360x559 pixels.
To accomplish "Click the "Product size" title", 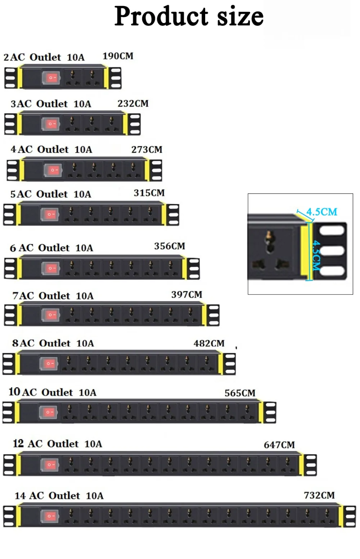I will [x=189, y=16].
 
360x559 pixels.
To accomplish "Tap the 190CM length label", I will [x=118, y=56].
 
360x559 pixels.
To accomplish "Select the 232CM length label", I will [x=133, y=104].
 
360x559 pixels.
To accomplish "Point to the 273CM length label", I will [x=147, y=149].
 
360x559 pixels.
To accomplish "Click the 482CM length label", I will [x=209, y=343].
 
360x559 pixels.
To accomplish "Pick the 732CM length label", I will [x=319, y=496].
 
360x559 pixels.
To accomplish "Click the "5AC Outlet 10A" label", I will [x=51, y=194].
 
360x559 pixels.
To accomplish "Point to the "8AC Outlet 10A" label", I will [x=53, y=343].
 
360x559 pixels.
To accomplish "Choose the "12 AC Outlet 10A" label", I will [x=58, y=444].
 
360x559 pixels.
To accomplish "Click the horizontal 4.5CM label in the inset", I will [x=321, y=212].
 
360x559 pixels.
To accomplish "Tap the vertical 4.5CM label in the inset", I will [x=316, y=255].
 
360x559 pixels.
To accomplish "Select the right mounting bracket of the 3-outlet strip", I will [x=134, y=124].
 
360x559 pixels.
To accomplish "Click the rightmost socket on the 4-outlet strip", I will [x=133, y=170].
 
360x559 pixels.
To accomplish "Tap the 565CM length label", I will [x=240, y=393].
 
